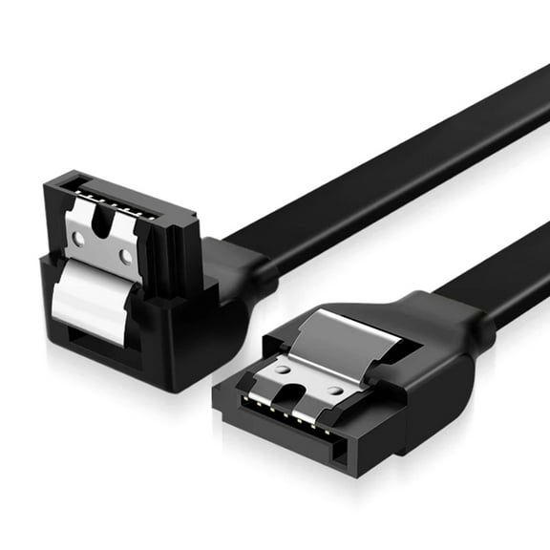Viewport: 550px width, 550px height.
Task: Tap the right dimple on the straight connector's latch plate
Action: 335,389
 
